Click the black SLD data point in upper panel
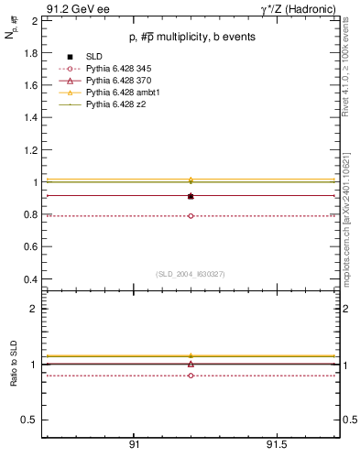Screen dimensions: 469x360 point(191,196)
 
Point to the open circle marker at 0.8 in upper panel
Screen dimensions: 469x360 point(191,216)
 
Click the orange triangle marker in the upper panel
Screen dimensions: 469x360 point(191,180)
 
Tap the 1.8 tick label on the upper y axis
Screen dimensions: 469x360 point(30,52)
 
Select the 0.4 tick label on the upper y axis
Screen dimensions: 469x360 point(30,279)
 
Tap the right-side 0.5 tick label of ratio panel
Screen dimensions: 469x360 point(348,420)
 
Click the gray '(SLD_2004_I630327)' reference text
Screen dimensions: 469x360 point(191,273)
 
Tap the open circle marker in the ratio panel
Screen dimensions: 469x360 point(191,376)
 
